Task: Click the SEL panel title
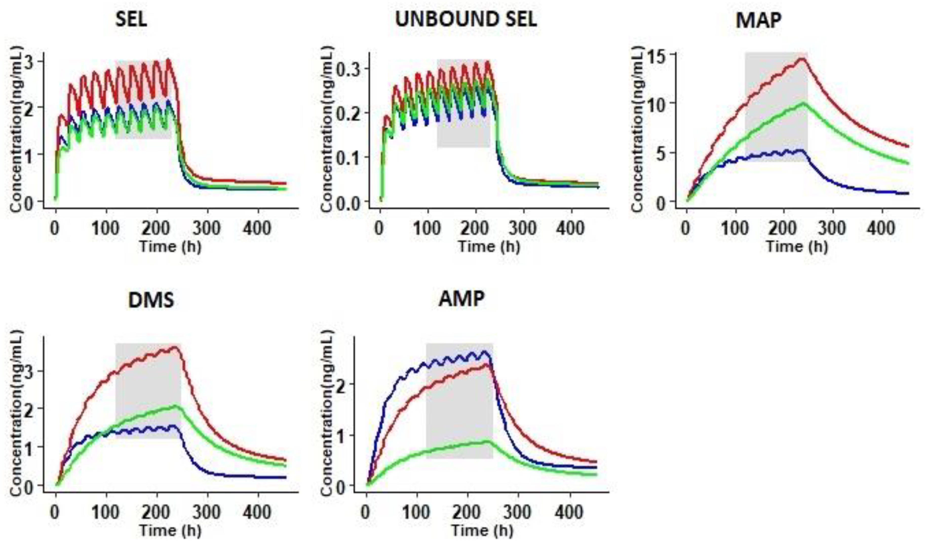tap(131, 20)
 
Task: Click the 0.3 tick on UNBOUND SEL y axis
tap(349, 69)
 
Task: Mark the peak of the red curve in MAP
tap(800, 59)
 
